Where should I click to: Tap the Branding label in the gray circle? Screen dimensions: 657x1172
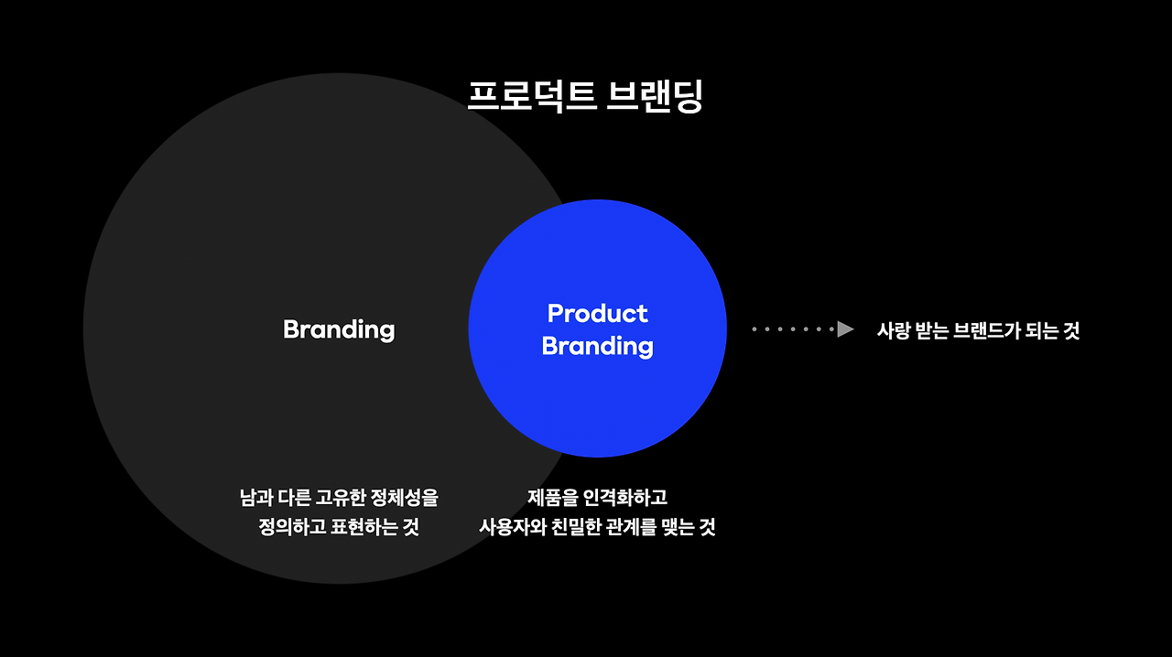(x=339, y=329)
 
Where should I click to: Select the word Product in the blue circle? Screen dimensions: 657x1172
(x=597, y=314)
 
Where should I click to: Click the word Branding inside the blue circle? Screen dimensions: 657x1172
(x=597, y=346)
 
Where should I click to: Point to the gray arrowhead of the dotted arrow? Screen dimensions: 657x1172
(x=845, y=329)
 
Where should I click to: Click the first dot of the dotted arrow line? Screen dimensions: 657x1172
(x=754, y=329)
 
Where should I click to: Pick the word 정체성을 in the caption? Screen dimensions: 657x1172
(x=405, y=499)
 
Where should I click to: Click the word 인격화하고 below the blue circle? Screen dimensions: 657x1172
(x=625, y=499)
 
